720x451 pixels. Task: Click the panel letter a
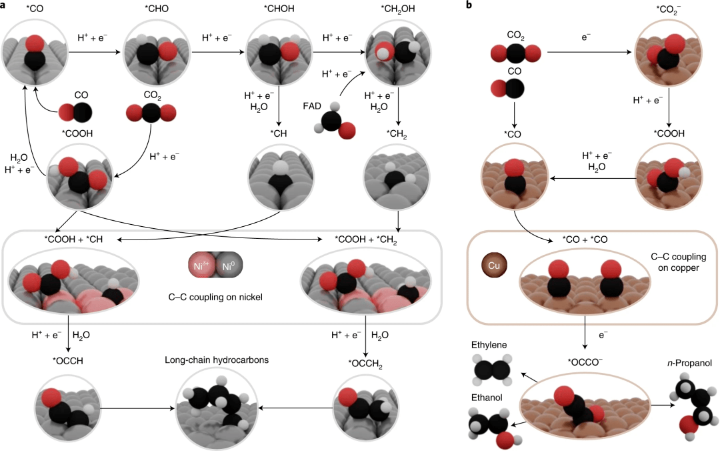pos(5,6)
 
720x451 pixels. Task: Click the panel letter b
pos(470,6)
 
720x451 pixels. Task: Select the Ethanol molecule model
pos(491,427)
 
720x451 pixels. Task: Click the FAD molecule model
pos(333,124)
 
